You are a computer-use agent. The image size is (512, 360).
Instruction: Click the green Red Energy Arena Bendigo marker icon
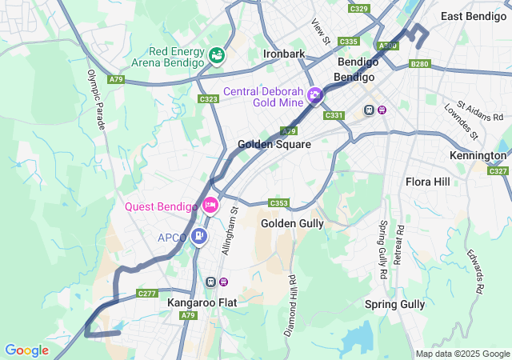216,55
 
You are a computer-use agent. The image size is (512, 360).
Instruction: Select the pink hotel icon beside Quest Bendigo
210,206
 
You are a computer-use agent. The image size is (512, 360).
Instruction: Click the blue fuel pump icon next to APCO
199,237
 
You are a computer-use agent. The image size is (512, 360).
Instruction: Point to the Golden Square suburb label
274,145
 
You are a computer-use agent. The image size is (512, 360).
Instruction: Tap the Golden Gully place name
292,223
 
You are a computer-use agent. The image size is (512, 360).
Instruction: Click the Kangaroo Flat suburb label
202,303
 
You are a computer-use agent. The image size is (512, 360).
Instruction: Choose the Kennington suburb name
478,155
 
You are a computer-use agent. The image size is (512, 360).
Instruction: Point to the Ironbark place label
284,54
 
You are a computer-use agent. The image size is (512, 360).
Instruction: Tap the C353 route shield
279,203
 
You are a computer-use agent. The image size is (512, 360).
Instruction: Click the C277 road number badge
146,294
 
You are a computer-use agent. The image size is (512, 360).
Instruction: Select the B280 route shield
419,63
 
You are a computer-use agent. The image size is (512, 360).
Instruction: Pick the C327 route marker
498,171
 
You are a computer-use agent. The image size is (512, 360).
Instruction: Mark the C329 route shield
359,9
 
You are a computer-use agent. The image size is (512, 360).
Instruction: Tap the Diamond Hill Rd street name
290,305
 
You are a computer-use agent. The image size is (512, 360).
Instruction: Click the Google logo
26,350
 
